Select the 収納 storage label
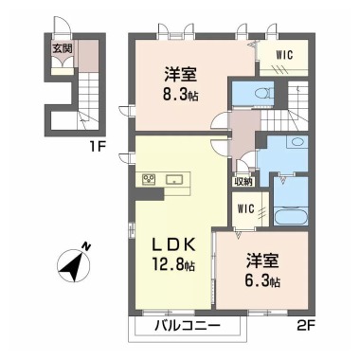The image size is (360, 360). coord(242,181)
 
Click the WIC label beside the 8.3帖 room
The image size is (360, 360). coord(283,55)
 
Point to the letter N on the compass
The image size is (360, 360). coord(84,247)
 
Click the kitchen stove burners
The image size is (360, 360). coord(149,178)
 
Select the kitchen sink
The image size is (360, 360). coord(175,178)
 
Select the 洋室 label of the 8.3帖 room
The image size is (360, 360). coord(179,72)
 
